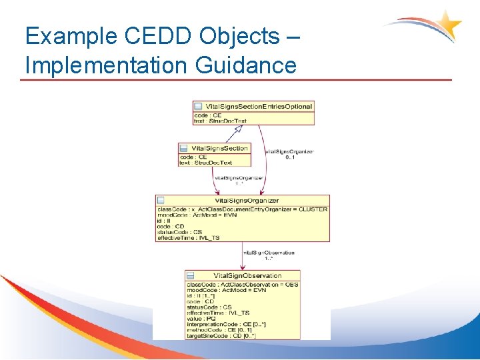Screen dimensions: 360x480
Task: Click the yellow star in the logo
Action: (448, 25)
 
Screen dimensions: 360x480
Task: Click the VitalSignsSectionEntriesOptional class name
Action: (259, 107)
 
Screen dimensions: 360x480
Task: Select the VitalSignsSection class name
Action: (219, 148)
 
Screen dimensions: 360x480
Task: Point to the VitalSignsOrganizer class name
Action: (247, 200)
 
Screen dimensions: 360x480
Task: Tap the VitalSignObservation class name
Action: (247, 275)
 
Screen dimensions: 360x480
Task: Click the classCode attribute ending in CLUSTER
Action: (242, 209)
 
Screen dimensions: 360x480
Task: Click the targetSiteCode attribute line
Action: (221, 335)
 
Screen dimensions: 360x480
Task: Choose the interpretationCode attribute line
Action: (226, 324)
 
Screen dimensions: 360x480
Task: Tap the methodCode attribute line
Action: (219, 329)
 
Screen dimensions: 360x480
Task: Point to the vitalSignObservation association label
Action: (269, 253)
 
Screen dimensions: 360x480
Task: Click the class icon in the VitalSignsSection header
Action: (183, 148)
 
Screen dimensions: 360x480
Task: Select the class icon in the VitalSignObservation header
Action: (191, 275)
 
